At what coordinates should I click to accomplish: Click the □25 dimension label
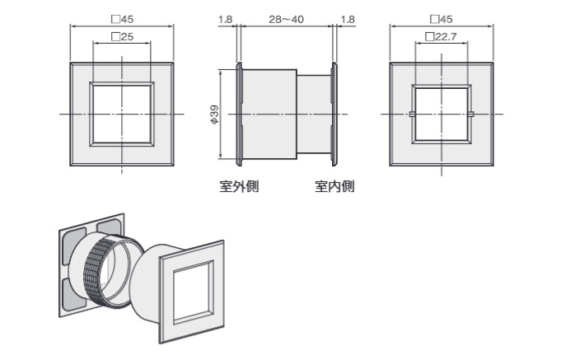pyautogui.click(x=122, y=37)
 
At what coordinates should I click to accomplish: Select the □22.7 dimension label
pyautogui.click(x=441, y=37)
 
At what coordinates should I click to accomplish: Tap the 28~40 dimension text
pyautogui.click(x=286, y=20)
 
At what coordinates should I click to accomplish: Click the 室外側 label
pyautogui.click(x=239, y=186)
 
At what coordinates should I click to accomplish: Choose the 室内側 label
pyautogui.click(x=334, y=186)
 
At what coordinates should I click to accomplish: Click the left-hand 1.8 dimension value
pyautogui.click(x=225, y=20)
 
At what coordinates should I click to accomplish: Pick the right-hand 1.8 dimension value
pyautogui.click(x=348, y=20)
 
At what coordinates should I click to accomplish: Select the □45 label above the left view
pyautogui.click(x=122, y=19)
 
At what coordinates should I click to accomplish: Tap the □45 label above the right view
pyautogui.click(x=442, y=19)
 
